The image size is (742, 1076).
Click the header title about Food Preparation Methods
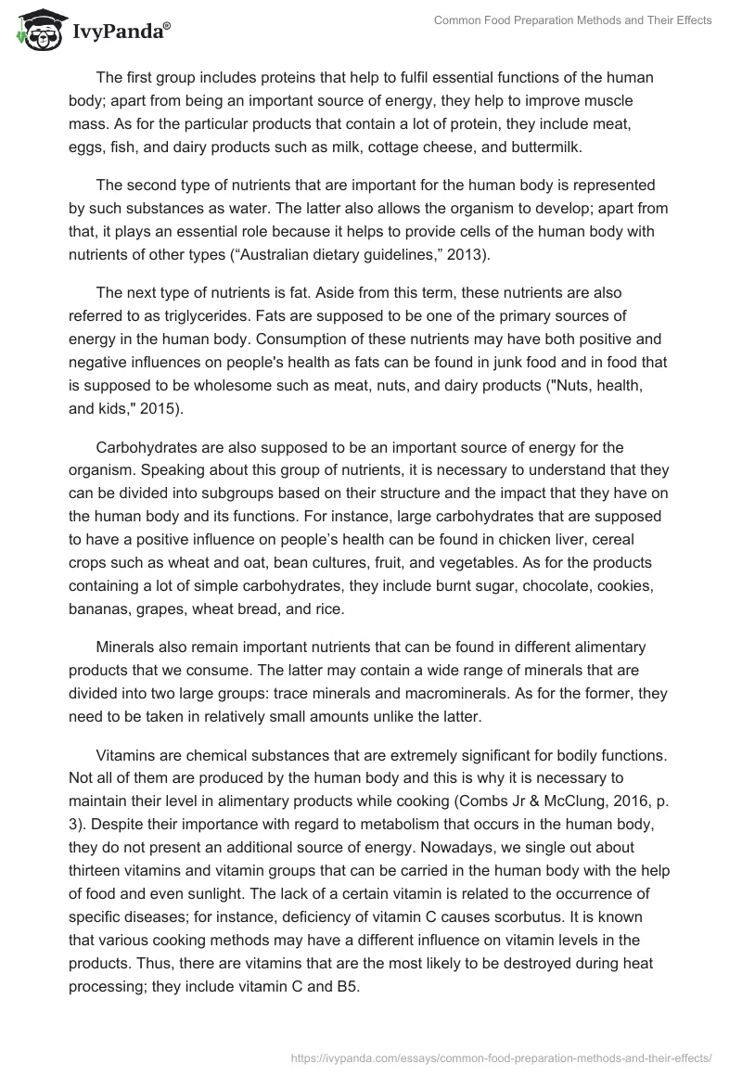click(x=572, y=20)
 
